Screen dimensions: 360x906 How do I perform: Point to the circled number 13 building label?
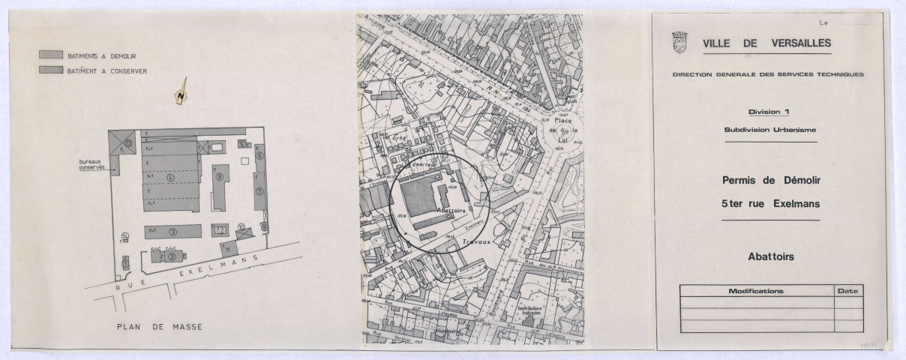click(129, 142)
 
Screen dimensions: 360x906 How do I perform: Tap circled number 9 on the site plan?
click(220, 178)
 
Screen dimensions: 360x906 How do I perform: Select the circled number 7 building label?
click(259, 191)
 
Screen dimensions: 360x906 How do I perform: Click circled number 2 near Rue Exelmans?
click(172, 256)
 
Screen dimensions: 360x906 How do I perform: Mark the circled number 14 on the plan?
click(125, 237)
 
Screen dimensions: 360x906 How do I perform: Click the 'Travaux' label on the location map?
click(475, 241)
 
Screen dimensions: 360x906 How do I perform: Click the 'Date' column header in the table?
click(848, 290)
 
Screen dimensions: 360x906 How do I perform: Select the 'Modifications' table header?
click(756, 290)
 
